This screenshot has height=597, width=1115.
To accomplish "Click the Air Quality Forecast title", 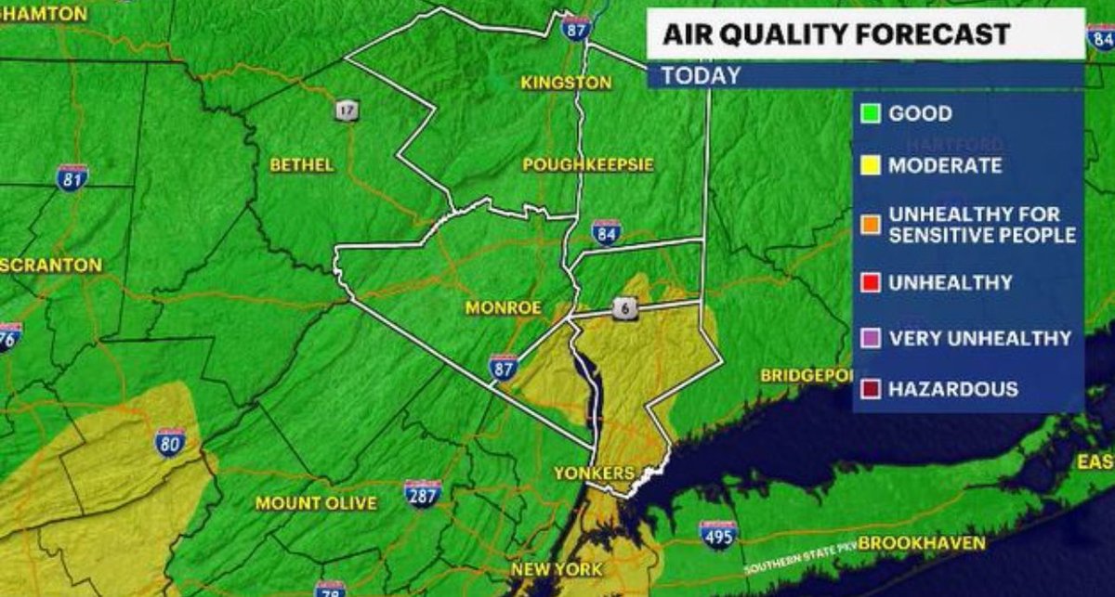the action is [x=835, y=34].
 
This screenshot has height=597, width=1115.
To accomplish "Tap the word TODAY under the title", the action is [x=702, y=75].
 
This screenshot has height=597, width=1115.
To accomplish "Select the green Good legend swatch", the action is [x=871, y=114].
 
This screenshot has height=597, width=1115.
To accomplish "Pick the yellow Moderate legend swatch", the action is [x=871, y=166].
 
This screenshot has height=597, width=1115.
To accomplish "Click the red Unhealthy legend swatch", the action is [x=871, y=282].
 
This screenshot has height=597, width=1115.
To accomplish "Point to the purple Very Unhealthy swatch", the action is [x=871, y=339].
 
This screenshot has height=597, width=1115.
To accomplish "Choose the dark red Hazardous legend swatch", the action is [x=871, y=390].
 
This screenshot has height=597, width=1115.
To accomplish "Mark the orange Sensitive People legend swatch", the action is [x=871, y=225].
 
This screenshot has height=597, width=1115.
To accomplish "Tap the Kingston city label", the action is [x=566, y=83].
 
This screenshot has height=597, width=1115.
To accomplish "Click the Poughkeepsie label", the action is [x=588, y=164].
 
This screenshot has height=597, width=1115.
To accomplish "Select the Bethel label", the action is [x=301, y=164].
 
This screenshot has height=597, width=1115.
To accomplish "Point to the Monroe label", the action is [x=504, y=307].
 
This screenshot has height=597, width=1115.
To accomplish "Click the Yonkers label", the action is [x=594, y=473].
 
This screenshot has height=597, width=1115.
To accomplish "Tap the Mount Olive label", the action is [x=316, y=503].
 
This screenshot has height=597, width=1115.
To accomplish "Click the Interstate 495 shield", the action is [x=717, y=533].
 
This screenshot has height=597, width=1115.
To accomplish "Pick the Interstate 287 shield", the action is [x=423, y=492].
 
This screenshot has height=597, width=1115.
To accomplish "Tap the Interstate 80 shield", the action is [x=170, y=441].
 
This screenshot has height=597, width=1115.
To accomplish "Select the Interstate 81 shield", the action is [x=72, y=176].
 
